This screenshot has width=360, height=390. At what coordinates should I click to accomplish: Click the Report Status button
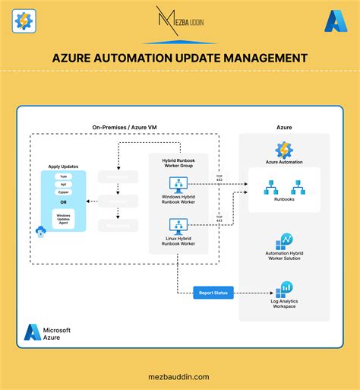coord(213,292)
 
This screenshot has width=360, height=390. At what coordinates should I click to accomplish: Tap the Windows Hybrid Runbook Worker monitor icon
coord(179,185)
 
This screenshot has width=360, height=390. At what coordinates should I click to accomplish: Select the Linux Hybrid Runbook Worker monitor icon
coord(179,226)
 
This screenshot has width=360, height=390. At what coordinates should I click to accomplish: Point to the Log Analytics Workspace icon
coord(286,289)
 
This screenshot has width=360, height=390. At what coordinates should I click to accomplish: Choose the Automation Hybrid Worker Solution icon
coord(284,242)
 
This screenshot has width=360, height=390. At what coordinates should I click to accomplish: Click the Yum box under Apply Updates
coord(65,176)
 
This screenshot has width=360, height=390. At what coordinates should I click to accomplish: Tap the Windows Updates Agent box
coord(65,219)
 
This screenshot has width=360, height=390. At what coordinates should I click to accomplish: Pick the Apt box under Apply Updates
coord(65,185)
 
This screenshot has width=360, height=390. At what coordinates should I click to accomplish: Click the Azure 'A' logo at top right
coord(336,22)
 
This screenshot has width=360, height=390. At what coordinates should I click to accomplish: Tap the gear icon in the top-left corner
coord(24,21)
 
